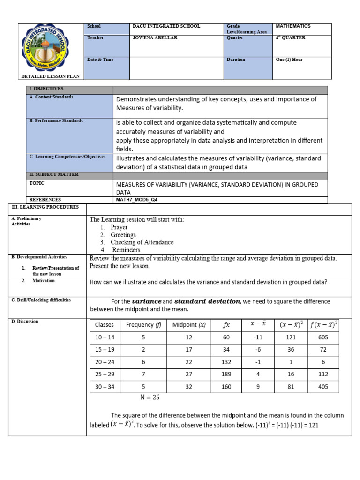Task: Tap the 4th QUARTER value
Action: [x=290, y=38]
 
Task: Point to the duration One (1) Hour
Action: [x=289, y=60]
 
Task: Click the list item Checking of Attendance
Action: [x=142, y=242]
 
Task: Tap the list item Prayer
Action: [x=119, y=227]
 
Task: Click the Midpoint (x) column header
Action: [x=189, y=325]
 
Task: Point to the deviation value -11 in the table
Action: [x=257, y=337]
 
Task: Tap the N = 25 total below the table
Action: [x=150, y=397]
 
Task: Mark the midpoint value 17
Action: [x=188, y=349]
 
